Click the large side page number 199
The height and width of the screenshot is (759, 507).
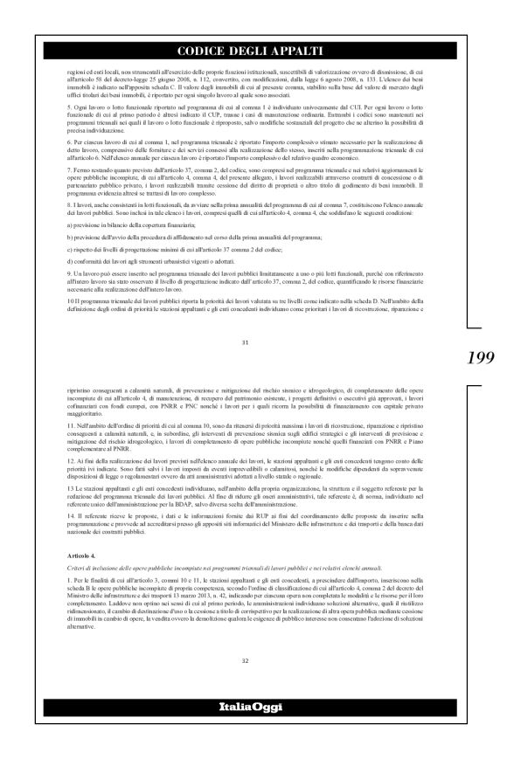click(481, 356)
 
